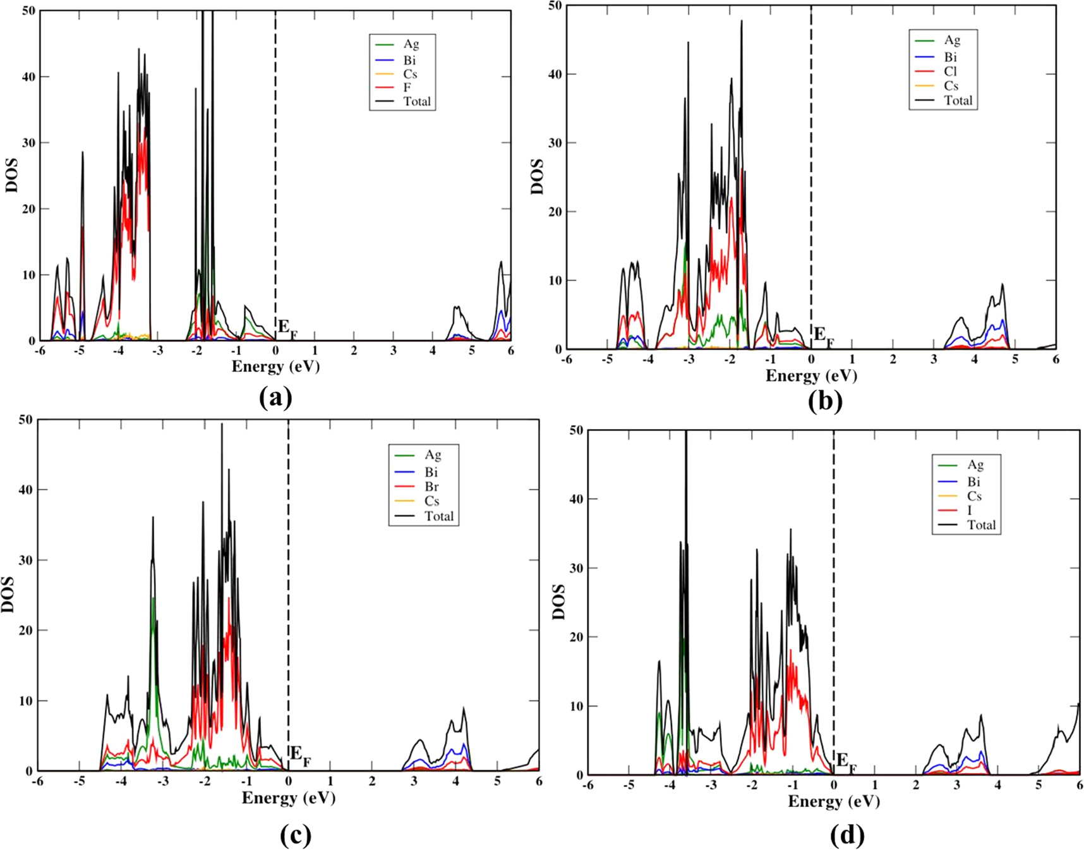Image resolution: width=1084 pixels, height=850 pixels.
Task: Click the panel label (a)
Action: point(275,398)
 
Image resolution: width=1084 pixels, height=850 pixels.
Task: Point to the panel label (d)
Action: point(846,835)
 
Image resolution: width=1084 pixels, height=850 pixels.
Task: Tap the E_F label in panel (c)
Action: point(301,756)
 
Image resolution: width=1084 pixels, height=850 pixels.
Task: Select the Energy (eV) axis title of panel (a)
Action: point(275,367)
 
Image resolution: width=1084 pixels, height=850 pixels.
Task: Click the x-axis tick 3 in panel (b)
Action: point(934,359)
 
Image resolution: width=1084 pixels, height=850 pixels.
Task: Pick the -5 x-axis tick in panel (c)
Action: point(79,782)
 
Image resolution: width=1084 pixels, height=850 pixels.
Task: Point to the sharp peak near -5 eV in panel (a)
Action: point(82,155)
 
